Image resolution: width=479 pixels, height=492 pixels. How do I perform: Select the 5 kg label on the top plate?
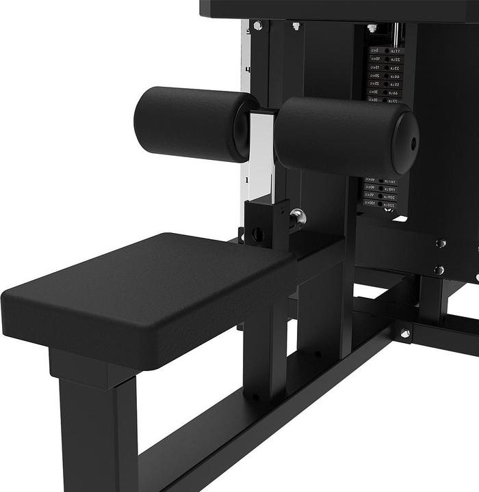pos(374,51)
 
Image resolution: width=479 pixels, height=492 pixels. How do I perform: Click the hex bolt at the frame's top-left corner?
pos(257,26)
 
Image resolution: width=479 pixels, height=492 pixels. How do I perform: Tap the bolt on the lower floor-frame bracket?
pos(405,333)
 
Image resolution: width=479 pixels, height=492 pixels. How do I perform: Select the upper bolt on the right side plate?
pos(441,243)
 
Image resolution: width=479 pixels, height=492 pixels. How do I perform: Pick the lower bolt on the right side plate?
pos(439,270)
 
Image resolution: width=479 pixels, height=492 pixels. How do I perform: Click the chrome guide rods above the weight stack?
pos(396,33)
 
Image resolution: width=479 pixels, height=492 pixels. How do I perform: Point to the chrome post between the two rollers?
pos(262,157)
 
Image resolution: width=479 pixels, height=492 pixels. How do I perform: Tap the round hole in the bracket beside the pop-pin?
pos(257,234)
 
